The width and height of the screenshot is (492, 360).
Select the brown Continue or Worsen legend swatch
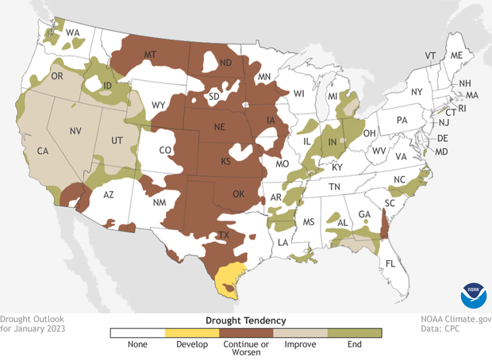245,333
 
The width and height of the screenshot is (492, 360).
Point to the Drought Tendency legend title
245,319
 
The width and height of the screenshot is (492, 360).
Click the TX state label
225,236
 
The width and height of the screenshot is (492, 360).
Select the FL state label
390,262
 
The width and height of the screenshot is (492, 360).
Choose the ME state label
455,56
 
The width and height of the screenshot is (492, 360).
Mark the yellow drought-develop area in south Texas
229,278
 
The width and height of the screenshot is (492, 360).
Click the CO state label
166,149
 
